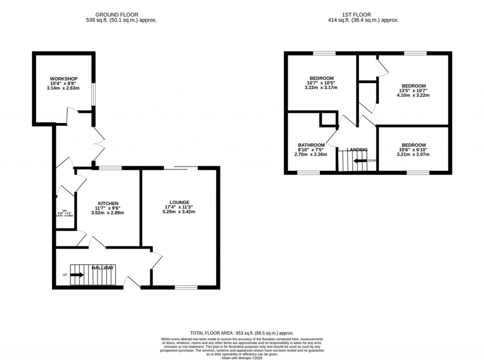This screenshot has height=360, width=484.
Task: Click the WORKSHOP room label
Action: (64, 79)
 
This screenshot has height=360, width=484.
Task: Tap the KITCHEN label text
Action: (108, 203)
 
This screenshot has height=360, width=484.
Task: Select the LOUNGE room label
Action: (180, 202)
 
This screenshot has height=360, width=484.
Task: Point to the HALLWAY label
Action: (103, 268)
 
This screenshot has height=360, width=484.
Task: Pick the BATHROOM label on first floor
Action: (311, 145)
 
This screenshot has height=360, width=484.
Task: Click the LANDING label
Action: (357, 150)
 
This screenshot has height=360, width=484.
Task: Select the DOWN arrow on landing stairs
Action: (360, 160)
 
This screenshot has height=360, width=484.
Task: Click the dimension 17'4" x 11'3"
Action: (180, 207)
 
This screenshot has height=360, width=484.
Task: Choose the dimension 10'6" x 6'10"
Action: (414, 149)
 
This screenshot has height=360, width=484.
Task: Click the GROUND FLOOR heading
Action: (116, 15)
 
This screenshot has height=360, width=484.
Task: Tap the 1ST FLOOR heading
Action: (363, 15)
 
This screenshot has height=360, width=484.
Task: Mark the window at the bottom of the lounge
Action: (186, 287)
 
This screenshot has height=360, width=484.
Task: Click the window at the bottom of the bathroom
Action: (309, 173)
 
